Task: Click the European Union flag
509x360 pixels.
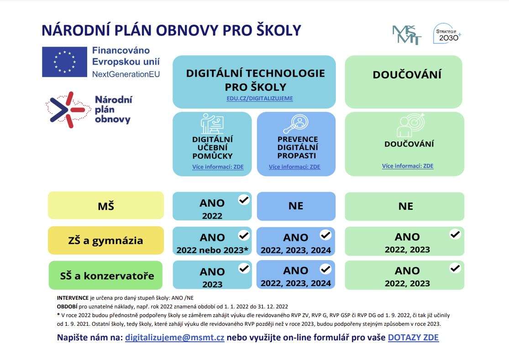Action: click(65, 62)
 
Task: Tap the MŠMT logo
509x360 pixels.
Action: click(407, 35)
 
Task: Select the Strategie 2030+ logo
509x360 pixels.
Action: click(447, 33)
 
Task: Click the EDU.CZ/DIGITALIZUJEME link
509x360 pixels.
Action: click(260, 98)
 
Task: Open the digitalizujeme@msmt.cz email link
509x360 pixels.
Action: click(175, 337)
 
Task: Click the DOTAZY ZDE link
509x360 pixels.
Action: click(413, 337)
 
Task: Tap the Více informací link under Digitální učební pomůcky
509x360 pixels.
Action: click(218, 167)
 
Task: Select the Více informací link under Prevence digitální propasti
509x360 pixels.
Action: click(294, 167)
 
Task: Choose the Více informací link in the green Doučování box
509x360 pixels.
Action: click(408, 166)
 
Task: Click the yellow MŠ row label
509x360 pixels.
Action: click(106, 205)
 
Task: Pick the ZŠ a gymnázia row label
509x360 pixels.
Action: click(106, 240)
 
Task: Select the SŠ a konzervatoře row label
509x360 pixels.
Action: click(106, 275)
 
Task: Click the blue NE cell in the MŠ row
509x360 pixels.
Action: click(296, 206)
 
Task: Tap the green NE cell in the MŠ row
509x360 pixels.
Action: click(405, 206)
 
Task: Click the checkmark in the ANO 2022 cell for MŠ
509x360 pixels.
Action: click(244, 200)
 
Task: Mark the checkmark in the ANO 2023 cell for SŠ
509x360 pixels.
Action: click(244, 269)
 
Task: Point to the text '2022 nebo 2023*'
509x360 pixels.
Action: click(212, 250)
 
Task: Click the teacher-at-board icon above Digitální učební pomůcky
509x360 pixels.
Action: click(212, 124)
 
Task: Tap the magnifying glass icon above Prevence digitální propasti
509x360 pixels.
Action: click(296, 124)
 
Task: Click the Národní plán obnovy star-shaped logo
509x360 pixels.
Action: click(68, 110)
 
